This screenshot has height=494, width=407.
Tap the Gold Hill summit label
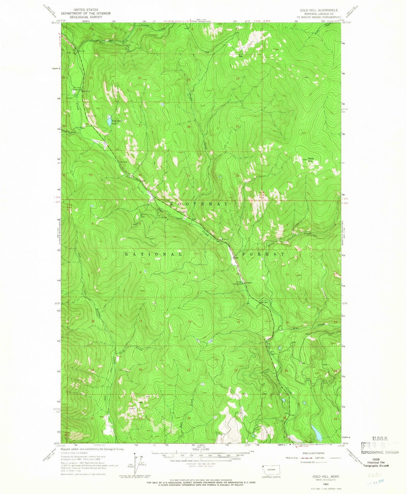pos(311,159)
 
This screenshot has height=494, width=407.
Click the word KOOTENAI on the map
pos(199,204)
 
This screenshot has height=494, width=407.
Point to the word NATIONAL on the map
pos(154,254)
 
